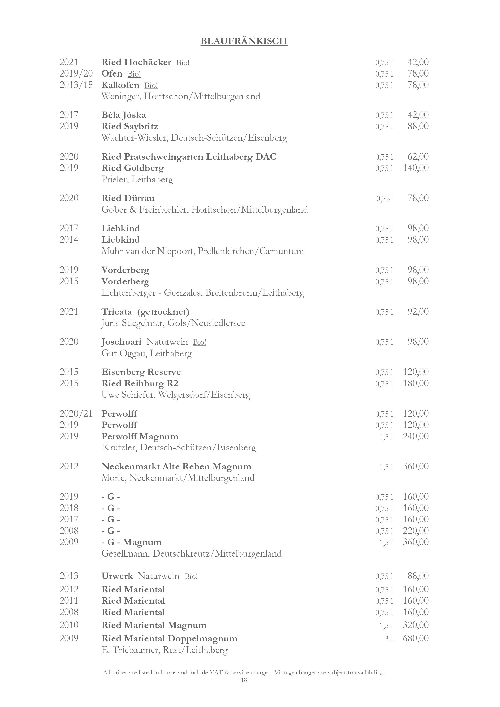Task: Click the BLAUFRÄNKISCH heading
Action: coord(244,41)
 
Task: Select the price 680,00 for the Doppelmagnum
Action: coord(415,638)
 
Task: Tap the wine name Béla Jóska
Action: coord(124,115)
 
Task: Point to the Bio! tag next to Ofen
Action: coord(134,74)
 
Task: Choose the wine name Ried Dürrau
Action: coord(128,198)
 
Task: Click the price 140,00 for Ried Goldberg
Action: coord(415,168)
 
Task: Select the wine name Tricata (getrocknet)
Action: coord(145,312)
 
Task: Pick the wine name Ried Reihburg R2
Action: coord(140,383)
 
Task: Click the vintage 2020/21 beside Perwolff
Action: coord(76,414)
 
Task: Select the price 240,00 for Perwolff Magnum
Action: coord(415,436)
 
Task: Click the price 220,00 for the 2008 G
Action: coord(415,531)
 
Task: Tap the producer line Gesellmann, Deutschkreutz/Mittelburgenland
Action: coord(191,554)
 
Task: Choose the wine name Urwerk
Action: coord(117,576)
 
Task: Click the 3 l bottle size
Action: coord(389,639)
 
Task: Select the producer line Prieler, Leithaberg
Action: coord(137,180)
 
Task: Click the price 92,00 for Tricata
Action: coord(418,312)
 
